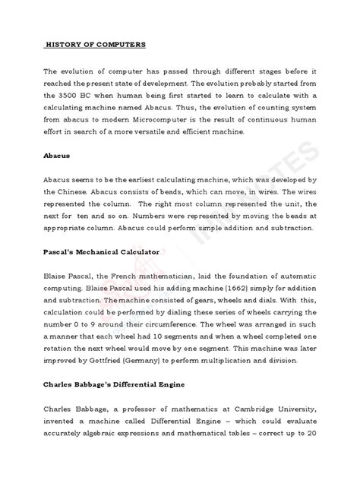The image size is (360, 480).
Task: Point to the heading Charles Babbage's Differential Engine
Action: (121, 394)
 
